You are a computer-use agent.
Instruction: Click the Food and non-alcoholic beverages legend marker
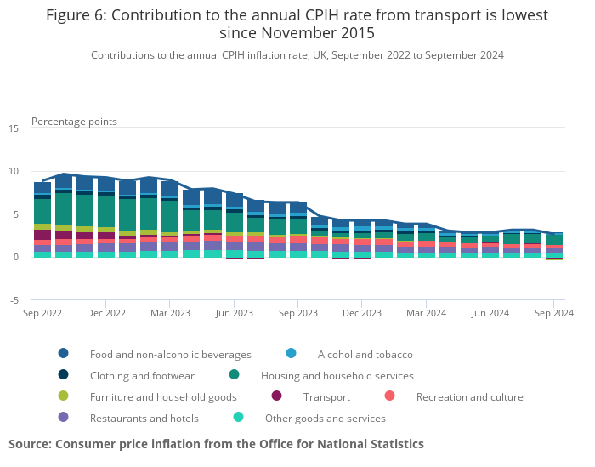pos(64,354)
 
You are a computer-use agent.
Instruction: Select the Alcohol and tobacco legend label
pos(365,354)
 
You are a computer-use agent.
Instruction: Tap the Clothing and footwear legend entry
pos(142,375)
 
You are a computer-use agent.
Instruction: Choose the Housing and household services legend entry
pos(337,375)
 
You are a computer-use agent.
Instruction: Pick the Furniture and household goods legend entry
pos(163,396)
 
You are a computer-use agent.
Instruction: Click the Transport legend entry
pos(326,396)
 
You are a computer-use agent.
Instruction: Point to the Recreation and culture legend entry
pos(469,396)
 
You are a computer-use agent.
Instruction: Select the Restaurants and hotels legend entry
pos(144,418)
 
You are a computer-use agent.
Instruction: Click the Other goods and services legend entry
pos(325,418)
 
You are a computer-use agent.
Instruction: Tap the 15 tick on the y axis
pos(14,128)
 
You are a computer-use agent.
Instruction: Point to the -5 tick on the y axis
pos(14,300)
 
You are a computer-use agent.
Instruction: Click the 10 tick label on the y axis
pos(14,171)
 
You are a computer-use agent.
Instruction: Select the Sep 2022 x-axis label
pos(42,313)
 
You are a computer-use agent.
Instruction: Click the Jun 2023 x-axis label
pos(235,313)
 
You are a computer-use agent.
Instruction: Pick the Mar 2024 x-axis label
pos(427,313)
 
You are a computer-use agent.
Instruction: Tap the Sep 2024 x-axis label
pos(553,313)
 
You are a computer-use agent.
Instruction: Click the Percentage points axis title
pos(74,122)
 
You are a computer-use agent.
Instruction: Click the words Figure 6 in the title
pos(76,15)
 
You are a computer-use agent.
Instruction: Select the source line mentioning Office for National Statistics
pos(216,444)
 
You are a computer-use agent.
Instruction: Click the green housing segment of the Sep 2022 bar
pos(42,211)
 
